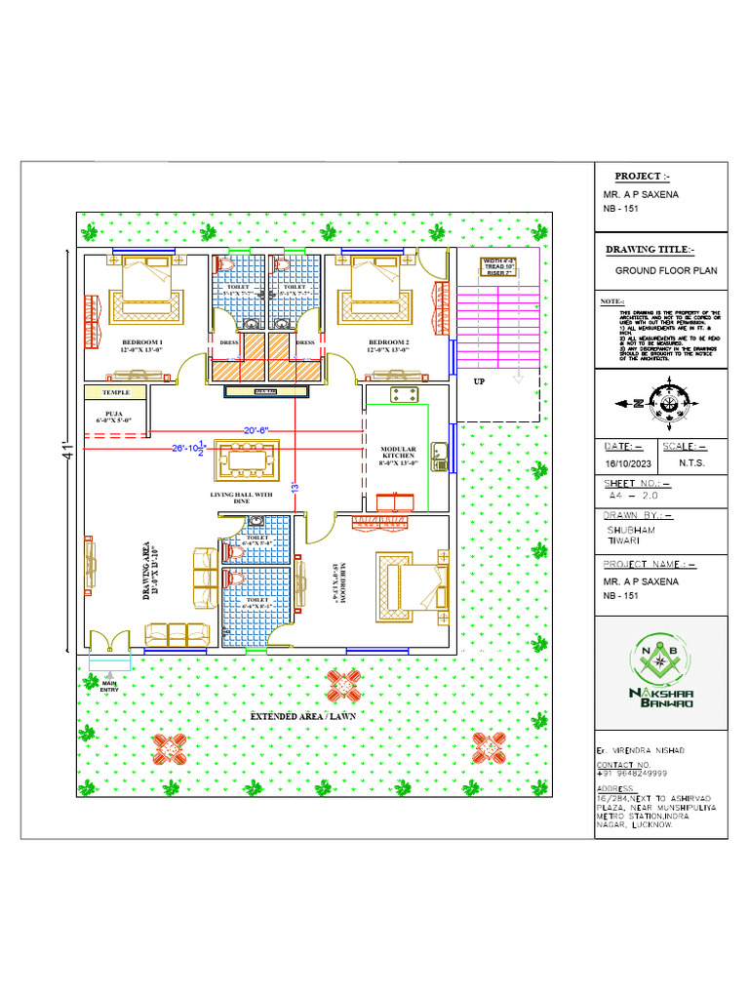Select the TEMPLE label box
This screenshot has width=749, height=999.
(x=116, y=392)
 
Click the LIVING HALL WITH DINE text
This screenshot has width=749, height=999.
(x=243, y=498)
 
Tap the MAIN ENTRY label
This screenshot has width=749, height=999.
(x=110, y=687)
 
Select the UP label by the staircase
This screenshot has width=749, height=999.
(x=480, y=382)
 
